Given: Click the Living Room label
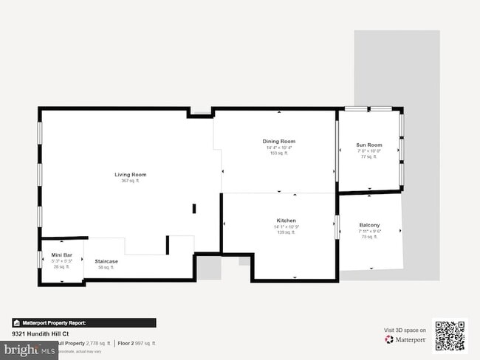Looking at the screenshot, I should pyautogui.click(x=130, y=175).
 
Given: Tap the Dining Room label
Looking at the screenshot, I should pyautogui.click(x=278, y=142).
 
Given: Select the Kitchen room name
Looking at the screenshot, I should pyautogui.click(x=286, y=221).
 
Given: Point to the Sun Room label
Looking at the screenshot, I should pyautogui.click(x=368, y=145).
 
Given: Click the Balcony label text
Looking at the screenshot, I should pyautogui.click(x=369, y=225).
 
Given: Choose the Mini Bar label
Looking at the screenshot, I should pyautogui.click(x=61, y=255).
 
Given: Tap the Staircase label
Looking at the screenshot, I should pyautogui.click(x=106, y=261).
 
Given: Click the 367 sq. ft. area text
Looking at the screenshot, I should pyautogui.click(x=130, y=181).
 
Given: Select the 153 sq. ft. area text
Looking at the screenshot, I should pyautogui.click(x=278, y=153).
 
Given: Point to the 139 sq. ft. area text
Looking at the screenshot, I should pyautogui.click(x=286, y=232).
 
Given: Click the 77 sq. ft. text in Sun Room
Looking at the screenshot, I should pyautogui.click(x=368, y=156).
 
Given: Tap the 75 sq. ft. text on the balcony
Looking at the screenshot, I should pyautogui.click(x=369, y=237).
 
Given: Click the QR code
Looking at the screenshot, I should pyautogui.click(x=450, y=336).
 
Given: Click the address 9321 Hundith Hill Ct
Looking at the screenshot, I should pyautogui.click(x=41, y=334).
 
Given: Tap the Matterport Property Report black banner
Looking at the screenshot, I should pyautogui.click(x=83, y=322).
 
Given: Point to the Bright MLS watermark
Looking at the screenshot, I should pyautogui.click(x=30, y=351).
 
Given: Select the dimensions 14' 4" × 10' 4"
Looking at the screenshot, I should pyautogui.click(x=278, y=148).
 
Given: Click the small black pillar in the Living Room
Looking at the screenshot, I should pyautogui.click(x=194, y=209).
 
